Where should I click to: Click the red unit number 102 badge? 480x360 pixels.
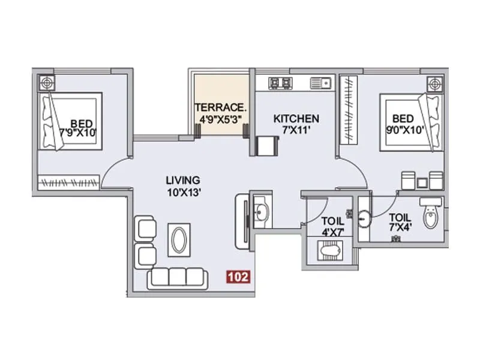tap(238, 277)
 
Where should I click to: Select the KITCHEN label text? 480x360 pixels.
tap(296, 118)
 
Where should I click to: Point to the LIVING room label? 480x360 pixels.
tap(183, 180)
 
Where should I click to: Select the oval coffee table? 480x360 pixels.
tap(179, 241)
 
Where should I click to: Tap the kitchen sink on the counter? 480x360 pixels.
tap(319, 82)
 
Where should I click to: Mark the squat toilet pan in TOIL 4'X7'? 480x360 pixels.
tap(328, 248)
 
